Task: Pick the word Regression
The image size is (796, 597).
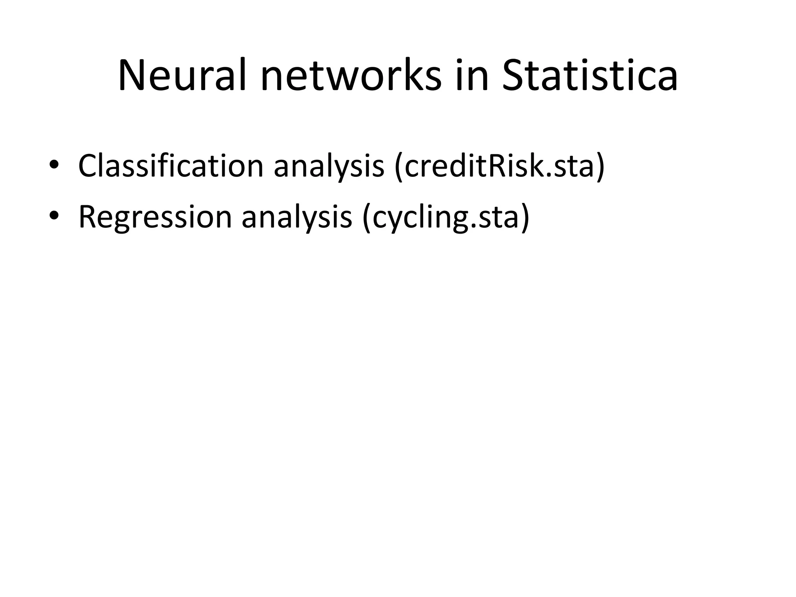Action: (x=155, y=216)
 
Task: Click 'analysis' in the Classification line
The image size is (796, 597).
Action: (x=329, y=166)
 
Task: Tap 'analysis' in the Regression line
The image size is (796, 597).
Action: (x=297, y=217)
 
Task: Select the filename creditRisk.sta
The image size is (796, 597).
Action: (x=499, y=166)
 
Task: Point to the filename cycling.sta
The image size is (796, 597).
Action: (x=446, y=217)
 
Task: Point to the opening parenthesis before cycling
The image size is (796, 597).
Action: (x=366, y=217)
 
